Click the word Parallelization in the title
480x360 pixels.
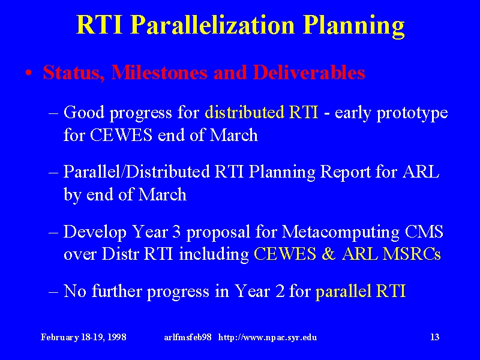click(214, 25)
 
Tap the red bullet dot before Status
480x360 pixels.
click(29, 73)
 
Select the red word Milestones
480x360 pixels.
click(160, 73)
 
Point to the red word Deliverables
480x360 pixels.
click(309, 73)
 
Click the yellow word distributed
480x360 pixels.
click(244, 112)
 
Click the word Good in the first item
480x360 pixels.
click(84, 112)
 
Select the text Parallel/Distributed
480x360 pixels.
click(137, 172)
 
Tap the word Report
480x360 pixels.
click(345, 173)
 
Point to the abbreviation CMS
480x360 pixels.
click(424, 232)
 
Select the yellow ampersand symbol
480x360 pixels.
click(328, 254)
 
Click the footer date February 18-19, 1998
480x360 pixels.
click(83, 337)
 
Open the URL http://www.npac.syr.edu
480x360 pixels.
click(268, 337)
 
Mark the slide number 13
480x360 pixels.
click(434, 337)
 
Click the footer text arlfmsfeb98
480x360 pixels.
click(187, 337)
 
